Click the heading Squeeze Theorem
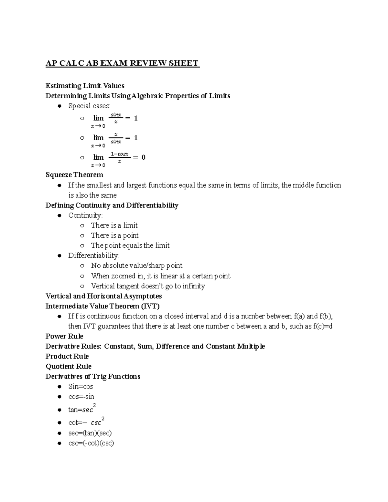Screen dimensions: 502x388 coord(74,175)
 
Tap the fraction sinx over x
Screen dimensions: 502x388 coord(116,118)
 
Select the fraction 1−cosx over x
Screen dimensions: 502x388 coord(120,157)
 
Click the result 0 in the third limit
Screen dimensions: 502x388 coord(144,157)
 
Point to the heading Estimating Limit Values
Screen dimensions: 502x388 coord(85,86)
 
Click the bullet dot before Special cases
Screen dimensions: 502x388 coord(59,106)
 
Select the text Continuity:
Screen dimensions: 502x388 coord(85,215)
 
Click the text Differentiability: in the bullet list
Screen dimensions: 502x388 coord(94,255)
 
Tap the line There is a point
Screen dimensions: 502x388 coord(115,235)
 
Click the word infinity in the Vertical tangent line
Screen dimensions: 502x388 coord(194,286)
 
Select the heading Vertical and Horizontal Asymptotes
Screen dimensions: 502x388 coord(103,296)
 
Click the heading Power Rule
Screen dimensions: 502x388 coord(64,336)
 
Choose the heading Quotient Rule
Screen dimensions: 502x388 coord(69,366)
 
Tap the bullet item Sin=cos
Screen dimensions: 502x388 coord(81,387)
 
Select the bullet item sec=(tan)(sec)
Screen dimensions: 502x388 coord(90,433)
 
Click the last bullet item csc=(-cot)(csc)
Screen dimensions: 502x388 coord(91,443)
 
